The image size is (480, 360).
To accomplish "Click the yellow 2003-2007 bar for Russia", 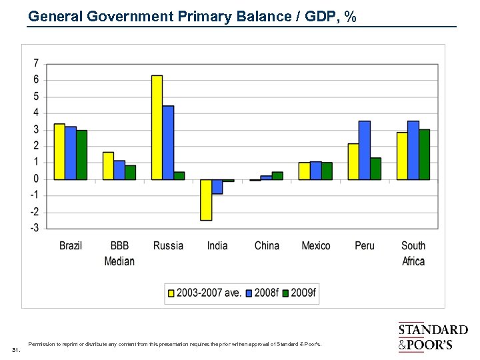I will (157, 127).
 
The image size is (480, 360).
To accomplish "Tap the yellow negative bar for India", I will (206, 199).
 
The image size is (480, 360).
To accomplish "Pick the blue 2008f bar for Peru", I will (365, 150).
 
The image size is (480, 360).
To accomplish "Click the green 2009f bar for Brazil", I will (81, 155).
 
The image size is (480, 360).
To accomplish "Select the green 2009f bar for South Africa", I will (424, 154).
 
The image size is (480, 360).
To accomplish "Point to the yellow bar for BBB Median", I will (108, 165).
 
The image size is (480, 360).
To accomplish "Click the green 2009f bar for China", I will (277, 176).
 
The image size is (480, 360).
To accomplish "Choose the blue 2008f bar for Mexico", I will (315, 171).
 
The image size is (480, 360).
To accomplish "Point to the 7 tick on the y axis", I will (35, 63).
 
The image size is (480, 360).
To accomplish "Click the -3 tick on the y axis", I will (33, 227).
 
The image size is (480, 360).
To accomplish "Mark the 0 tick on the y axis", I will (35, 179).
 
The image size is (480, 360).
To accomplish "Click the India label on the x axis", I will (217, 245).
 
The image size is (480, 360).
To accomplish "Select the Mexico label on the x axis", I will (315, 245).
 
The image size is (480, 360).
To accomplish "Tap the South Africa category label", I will (413, 253).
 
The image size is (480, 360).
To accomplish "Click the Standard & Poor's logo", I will (433, 337).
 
